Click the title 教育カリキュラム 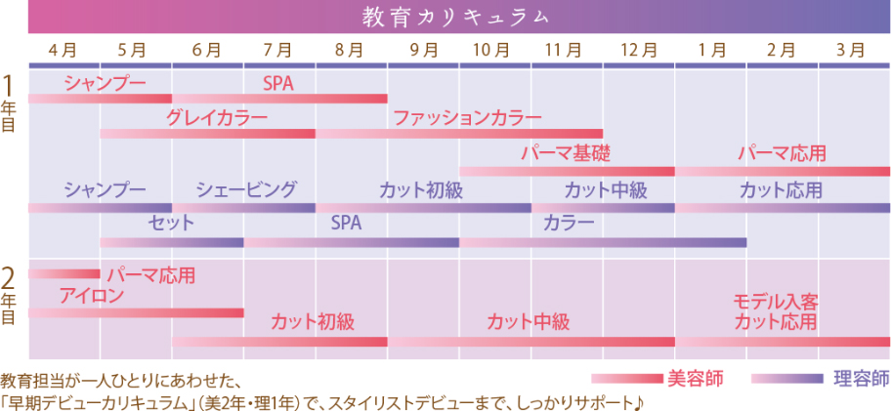(455, 17)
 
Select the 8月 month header (350, 49)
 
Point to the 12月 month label (638, 49)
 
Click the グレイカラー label (216, 118)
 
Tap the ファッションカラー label (467, 118)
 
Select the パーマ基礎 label (565, 153)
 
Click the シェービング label (245, 189)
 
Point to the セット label (171, 224)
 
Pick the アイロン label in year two (91, 295)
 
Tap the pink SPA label (278, 84)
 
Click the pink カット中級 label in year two (528, 321)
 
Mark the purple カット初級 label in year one (421, 189)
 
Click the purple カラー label (569, 224)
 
